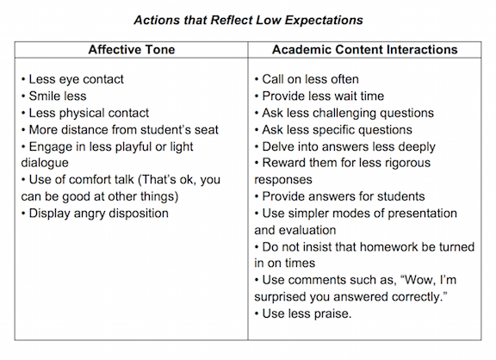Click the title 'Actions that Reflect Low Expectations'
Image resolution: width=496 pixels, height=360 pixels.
[x=248, y=21]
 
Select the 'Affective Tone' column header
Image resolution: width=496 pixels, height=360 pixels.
[x=132, y=50]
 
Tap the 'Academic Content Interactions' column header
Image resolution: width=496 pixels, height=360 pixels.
[x=365, y=50]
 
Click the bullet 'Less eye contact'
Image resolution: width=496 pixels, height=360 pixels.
[x=72, y=79]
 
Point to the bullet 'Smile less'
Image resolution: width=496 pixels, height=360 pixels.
[x=53, y=96]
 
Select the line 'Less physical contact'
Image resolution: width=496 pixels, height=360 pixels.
[x=85, y=113]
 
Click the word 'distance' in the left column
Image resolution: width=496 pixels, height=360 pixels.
[x=84, y=130]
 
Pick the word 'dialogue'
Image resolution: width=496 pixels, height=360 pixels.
[x=45, y=164]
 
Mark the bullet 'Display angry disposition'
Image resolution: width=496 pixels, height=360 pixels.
[x=95, y=214]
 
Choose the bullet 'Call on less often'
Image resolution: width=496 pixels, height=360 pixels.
[x=307, y=79]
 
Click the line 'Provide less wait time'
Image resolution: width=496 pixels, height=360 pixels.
[x=319, y=96]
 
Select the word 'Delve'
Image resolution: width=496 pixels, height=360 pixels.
[x=276, y=146]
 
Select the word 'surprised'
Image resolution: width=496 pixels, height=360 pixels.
[x=280, y=297]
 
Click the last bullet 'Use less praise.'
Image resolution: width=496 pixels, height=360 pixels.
[x=303, y=314]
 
